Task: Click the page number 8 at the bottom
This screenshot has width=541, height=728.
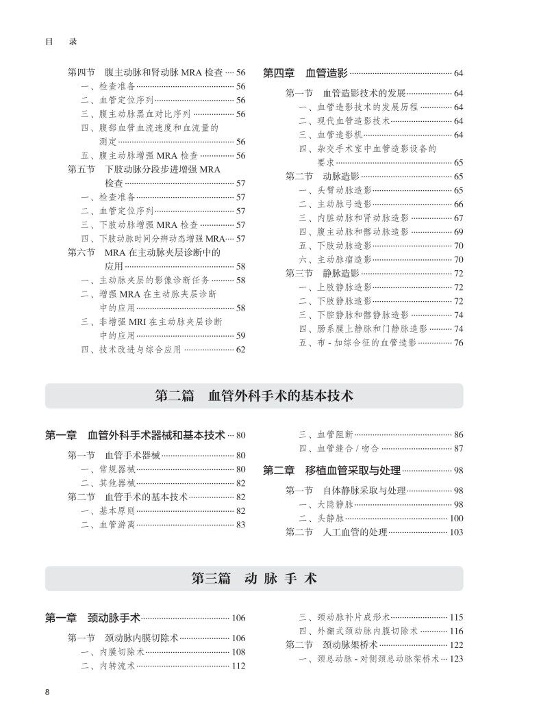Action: click(x=47, y=692)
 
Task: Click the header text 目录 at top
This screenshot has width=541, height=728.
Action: click(x=61, y=41)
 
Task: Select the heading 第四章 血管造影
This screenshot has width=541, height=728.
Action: click(x=306, y=73)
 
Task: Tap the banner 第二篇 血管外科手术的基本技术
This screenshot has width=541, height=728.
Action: click(x=254, y=395)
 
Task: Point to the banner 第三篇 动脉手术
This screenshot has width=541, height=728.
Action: click(x=254, y=578)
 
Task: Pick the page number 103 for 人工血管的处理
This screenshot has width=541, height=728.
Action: click(x=456, y=532)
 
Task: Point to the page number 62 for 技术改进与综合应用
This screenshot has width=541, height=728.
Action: click(x=240, y=349)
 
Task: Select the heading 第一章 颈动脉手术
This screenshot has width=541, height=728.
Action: click(x=92, y=618)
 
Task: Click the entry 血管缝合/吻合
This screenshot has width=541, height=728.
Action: click(x=338, y=448)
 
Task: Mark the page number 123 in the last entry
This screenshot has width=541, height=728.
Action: click(x=456, y=658)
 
